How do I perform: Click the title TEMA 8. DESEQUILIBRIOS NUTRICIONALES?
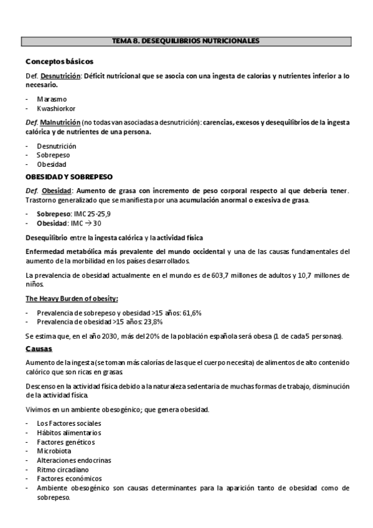pyautogui.click(x=186, y=41)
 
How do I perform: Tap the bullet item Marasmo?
pyautogui.click(x=52, y=98)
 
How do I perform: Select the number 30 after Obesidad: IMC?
pyautogui.click(x=97, y=222)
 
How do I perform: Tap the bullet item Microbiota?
pyautogui.click(x=54, y=451)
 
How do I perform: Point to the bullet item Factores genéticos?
pyautogui.click(x=65, y=442)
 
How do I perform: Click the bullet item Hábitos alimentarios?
pyautogui.click(x=68, y=433)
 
